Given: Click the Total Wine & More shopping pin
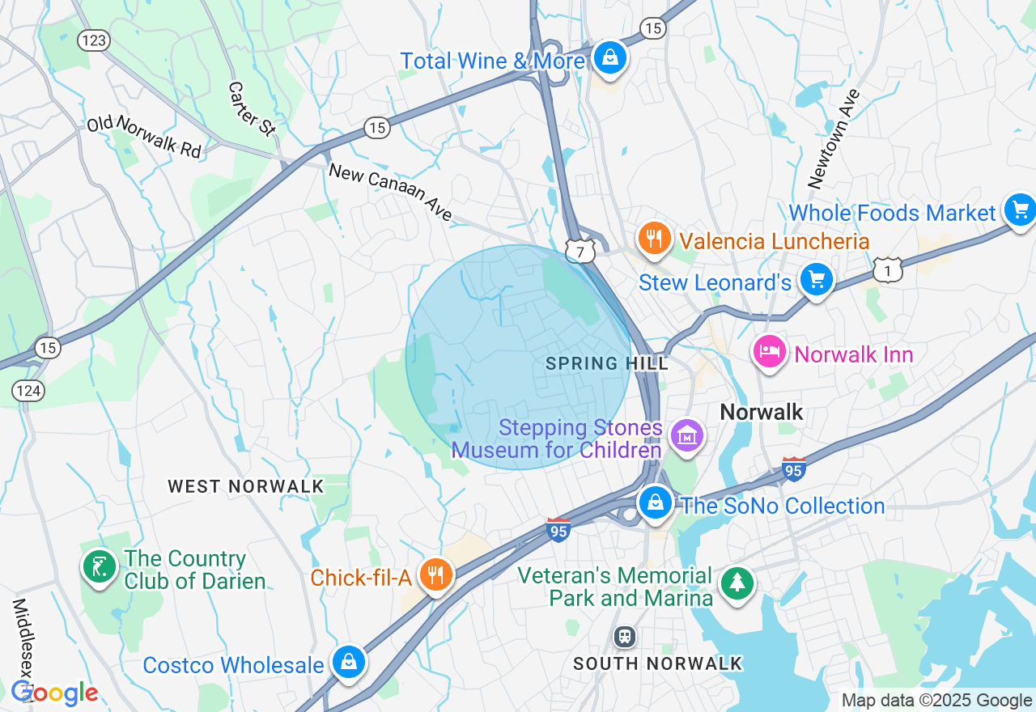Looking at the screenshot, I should click(x=610, y=58).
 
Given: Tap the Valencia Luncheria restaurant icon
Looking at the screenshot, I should click(x=653, y=238).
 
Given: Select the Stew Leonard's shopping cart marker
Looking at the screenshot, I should click(x=816, y=280).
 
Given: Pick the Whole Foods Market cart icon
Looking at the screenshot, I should click(x=1020, y=211).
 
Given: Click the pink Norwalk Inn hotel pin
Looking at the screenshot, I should click(x=769, y=352).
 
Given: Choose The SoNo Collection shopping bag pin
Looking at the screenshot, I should click(x=655, y=503).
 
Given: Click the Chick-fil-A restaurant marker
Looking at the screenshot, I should click(x=436, y=575).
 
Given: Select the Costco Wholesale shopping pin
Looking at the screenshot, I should click(x=348, y=663).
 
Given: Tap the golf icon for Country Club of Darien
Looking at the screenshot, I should click(x=100, y=567).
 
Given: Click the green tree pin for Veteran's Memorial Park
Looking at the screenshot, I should click(x=737, y=584).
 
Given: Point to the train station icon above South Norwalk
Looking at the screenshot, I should click(x=624, y=636).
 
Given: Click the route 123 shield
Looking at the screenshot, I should click(x=94, y=40).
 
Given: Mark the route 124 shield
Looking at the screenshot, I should click(x=29, y=391).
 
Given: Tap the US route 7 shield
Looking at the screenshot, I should click(x=580, y=252).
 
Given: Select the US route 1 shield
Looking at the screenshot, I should click(x=888, y=272).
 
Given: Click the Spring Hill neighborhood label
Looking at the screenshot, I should click(x=607, y=363).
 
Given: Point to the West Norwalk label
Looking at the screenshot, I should click(x=245, y=486).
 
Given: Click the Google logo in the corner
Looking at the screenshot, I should click(x=54, y=693).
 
